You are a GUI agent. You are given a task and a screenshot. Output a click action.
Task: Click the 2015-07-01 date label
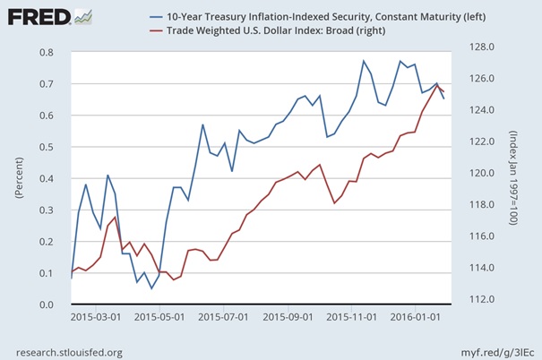[x=222, y=317]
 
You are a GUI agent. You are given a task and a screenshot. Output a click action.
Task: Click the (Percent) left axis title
[x=14, y=178]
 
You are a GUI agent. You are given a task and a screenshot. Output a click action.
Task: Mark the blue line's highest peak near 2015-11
[x=364, y=61]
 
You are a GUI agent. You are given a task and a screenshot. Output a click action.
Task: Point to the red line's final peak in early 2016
[x=436, y=85]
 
